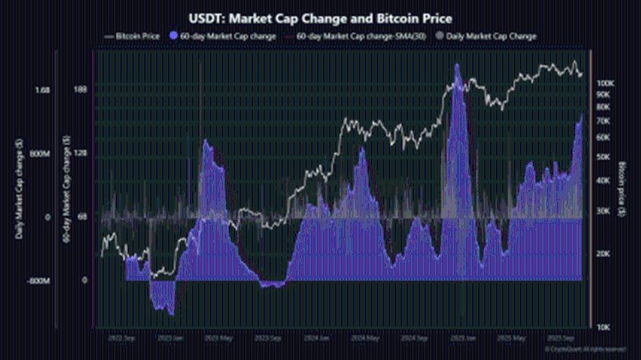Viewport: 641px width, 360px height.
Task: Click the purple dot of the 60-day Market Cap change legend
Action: click(x=174, y=35)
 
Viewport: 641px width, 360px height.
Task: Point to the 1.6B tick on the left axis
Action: click(x=42, y=90)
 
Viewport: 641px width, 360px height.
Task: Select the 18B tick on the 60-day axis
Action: click(x=82, y=90)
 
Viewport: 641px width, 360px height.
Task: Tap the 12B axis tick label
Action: click(x=82, y=154)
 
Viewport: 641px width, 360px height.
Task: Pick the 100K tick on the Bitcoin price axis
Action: click(x=604, y=83)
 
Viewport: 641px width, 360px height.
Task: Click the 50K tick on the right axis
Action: click(x=602, y=157)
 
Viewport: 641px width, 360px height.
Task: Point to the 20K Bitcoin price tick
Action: click(x=602, y=254)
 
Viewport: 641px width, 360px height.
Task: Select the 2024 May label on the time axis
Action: click(x=364, y=338)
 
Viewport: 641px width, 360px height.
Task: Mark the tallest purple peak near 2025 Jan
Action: click(x=457, y=66)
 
